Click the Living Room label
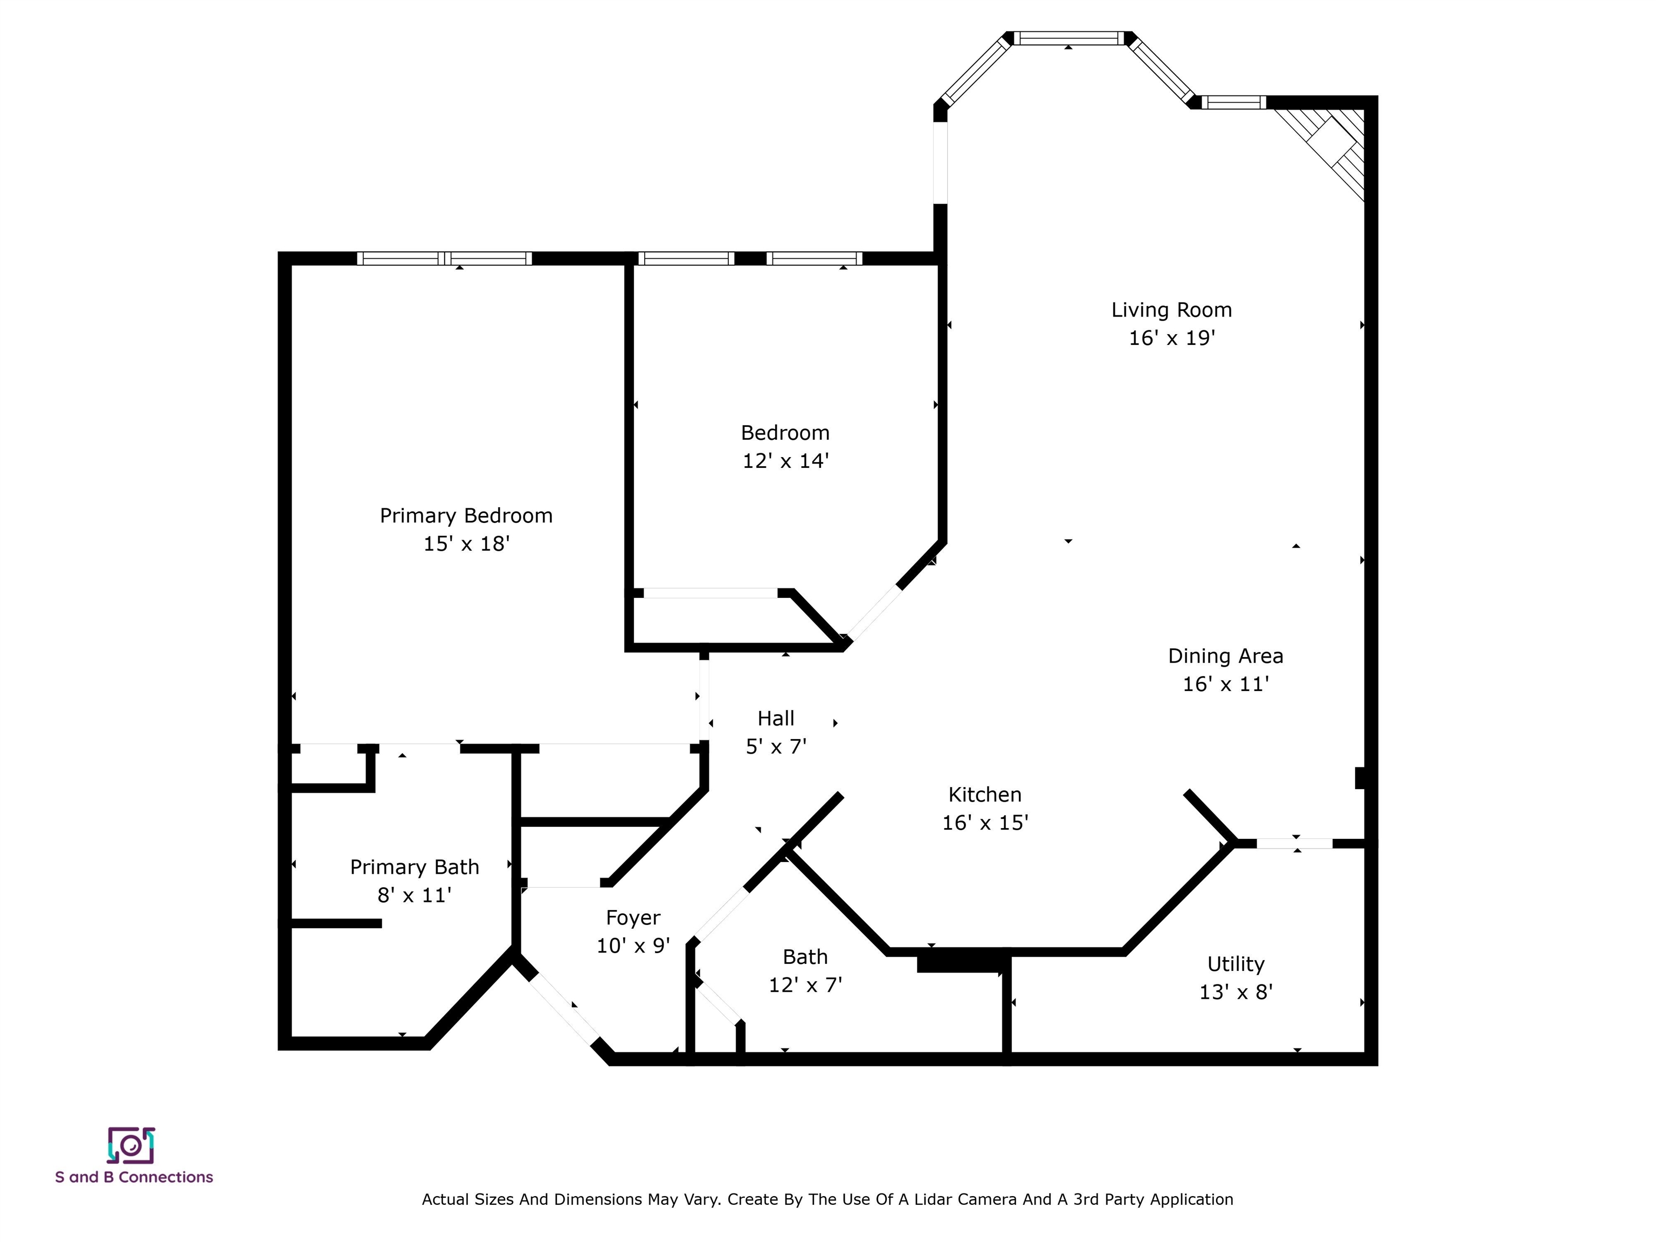pos(1171,310)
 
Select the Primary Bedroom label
pos(466,516)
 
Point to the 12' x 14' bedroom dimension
pos(785,460)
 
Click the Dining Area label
pos(1225,656)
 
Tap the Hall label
pos(776,719)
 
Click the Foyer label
pos(633,918)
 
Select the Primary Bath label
pos(414,867)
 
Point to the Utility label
pos(1236,964)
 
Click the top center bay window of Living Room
pos(1068,38)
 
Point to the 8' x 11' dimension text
pos(414,895)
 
